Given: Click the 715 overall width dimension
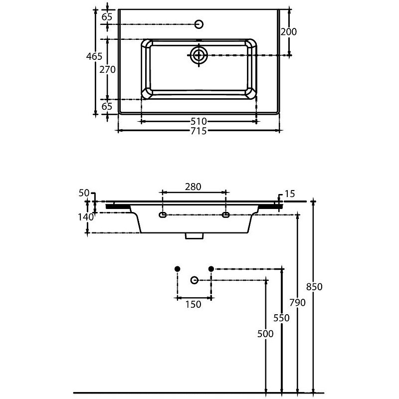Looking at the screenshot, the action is pyautogui.click(x=199, y=131).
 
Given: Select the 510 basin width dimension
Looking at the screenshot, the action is pyautogui.click(x=199, y=121).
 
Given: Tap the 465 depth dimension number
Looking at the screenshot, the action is pyautogui.click(x=94, y=56).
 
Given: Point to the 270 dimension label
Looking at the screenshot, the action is pyautogui.click(x=107, y=69).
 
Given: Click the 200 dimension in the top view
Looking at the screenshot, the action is pyautogui.click(x=289, y=32).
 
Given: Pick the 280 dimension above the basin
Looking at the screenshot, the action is pyautogui.click(x=193, y=187).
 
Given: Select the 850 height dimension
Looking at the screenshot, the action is pyautogui.click(x=314, y=287).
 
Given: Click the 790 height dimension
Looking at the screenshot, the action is pyautogui.click(x=297, y=303).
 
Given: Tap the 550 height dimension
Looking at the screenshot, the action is pyautogui.click(x=281, y=318).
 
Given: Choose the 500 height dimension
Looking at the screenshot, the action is pyautogui.click(x=265, y=334).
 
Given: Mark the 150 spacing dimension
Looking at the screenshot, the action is pyautogui.click(x=194, y=304).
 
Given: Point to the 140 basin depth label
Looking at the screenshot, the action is pyautogui.click(x=86, y=217).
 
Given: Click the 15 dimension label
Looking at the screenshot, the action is pyautogui.click(x=290, y=194).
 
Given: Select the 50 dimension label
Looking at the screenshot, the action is pyautogui.click(x=84, y=193).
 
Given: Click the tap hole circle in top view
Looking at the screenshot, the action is pyautogui.click(x=199, y=24).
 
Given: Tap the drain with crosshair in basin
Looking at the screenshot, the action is pyautogui.click(x=199, y=55).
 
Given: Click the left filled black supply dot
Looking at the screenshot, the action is pyautogui.click(x=178, y=269).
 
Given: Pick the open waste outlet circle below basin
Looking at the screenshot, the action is pyautogui.click(x=195, y=280).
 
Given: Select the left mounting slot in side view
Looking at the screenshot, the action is pyautogui.click(x=163, y=215).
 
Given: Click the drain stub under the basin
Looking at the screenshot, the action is pyautogui.click(x=194, y=236).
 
